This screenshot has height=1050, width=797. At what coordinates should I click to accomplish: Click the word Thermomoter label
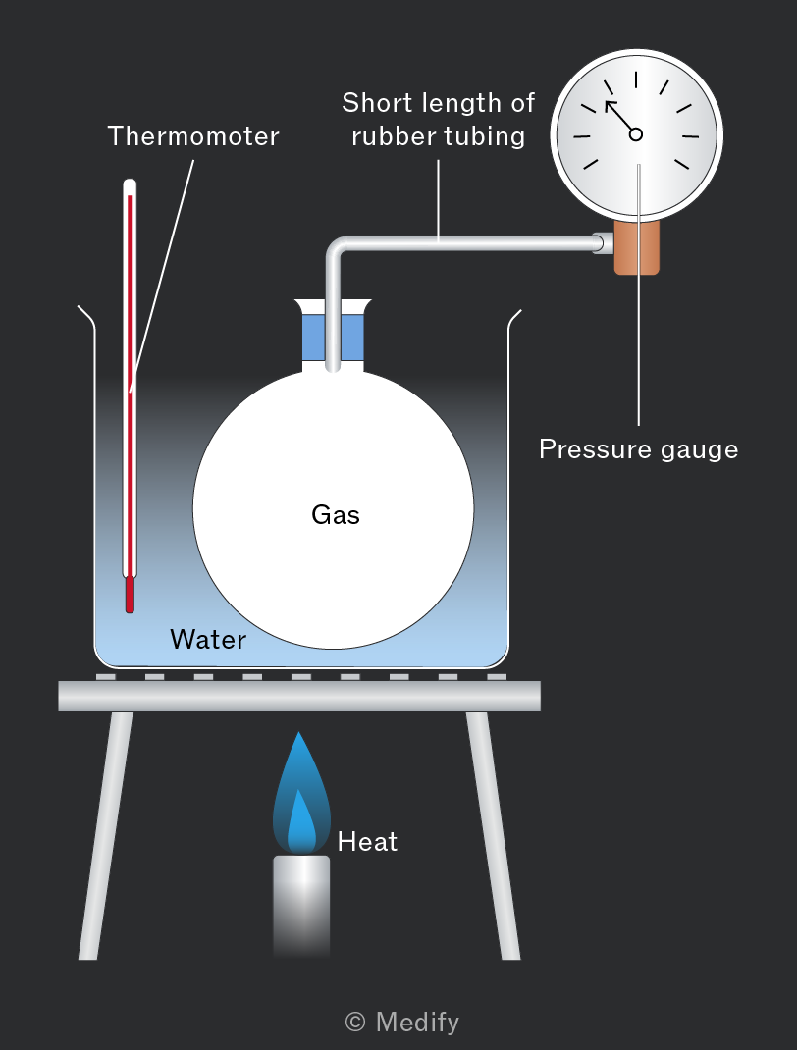193,136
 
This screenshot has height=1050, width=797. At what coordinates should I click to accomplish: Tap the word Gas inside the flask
336,514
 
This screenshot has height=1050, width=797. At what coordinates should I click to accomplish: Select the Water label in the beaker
208,639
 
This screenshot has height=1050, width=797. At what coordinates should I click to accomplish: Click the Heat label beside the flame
367,841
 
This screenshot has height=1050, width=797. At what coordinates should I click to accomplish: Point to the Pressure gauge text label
638,448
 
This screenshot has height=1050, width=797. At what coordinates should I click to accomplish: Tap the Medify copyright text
401,1022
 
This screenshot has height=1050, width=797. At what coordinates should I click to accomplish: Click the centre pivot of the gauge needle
636,134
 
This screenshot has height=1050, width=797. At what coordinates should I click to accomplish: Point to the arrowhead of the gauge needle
610,104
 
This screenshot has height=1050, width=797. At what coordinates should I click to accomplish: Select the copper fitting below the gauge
637,246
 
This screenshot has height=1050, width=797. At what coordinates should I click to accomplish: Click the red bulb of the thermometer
130,595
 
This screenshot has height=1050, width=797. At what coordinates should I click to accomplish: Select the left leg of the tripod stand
105,835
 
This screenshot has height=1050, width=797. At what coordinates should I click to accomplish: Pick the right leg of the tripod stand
493,835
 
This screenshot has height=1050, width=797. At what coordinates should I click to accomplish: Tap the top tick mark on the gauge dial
636,79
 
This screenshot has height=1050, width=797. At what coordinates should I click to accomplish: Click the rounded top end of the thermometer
130,185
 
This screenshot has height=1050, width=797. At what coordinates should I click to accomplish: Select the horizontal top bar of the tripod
299,696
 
